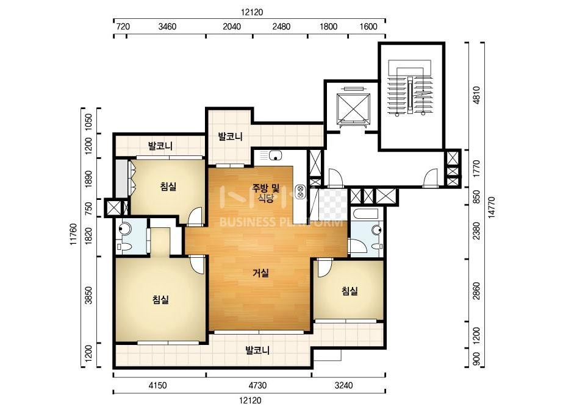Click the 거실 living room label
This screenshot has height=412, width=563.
pos(260,273)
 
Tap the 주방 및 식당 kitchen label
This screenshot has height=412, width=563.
pos(266,193)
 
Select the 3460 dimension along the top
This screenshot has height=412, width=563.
pos(167,27)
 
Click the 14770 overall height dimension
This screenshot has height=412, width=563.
pos(492,207)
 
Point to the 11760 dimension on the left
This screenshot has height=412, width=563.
pos(73,235)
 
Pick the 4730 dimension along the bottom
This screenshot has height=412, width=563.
pos(258,386)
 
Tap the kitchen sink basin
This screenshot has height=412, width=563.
pos(275,156)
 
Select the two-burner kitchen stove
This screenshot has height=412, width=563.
pos(300,191)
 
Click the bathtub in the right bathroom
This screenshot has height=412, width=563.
pos(365,215)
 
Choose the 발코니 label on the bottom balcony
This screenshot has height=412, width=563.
pos(257,350)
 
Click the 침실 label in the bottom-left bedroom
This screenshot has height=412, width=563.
pos(160,300)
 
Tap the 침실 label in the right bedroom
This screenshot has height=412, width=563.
pos(350,291)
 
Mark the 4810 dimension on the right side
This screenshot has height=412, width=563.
pos(476,95)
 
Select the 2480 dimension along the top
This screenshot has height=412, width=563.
pos(281,27)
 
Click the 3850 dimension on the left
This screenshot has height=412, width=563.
pos(88,296)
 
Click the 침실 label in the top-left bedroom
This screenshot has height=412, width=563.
pos(168,186)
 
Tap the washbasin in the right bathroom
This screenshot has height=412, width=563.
pos(376,230)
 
